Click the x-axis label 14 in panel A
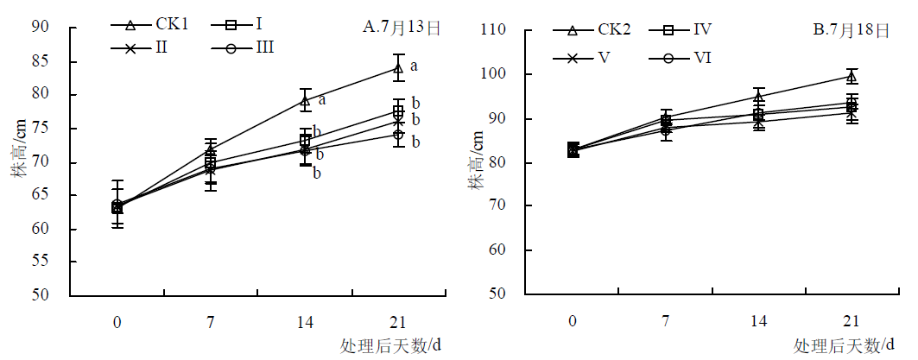[x=305, y=322]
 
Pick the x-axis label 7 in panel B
[x=666, y=322]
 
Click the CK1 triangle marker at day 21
[x=398, y=68]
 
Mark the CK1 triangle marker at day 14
[x=305, y=101]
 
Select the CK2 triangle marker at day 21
[x=852, y=76]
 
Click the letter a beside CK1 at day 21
[x=414, y=66]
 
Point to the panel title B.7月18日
[x=852, y=31]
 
